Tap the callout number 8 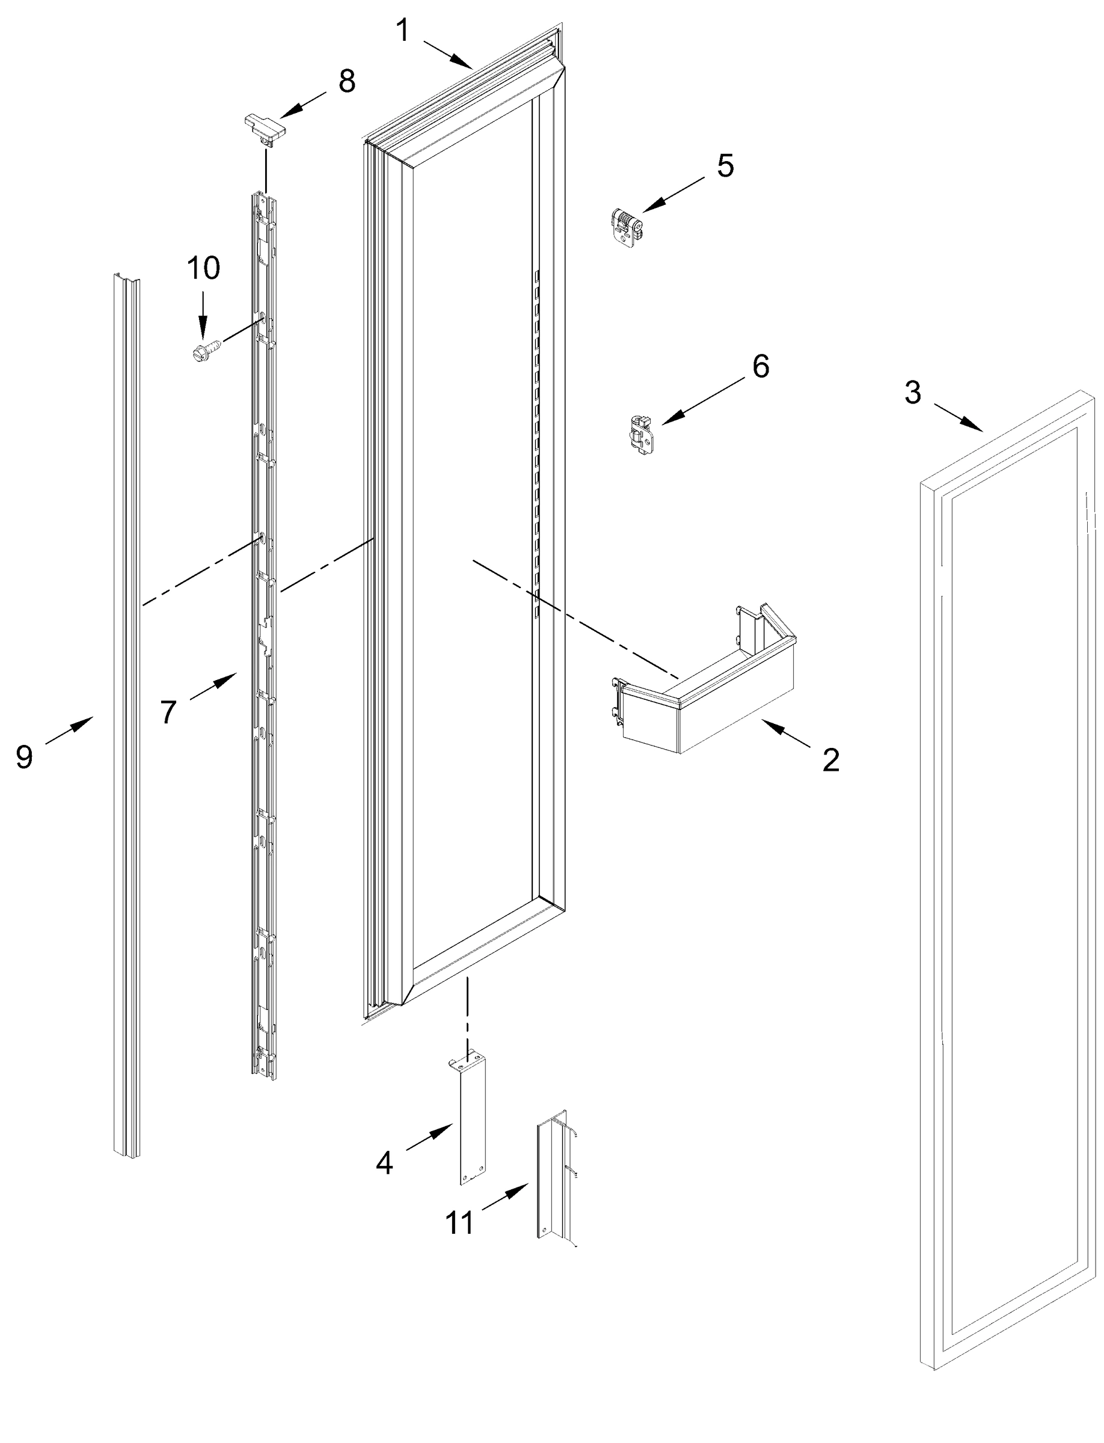(346, 82)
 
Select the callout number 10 (204, 268)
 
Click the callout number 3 (913, 393)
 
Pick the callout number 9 (24, 758)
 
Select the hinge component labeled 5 (626, 228)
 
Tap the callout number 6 (760, 366)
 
